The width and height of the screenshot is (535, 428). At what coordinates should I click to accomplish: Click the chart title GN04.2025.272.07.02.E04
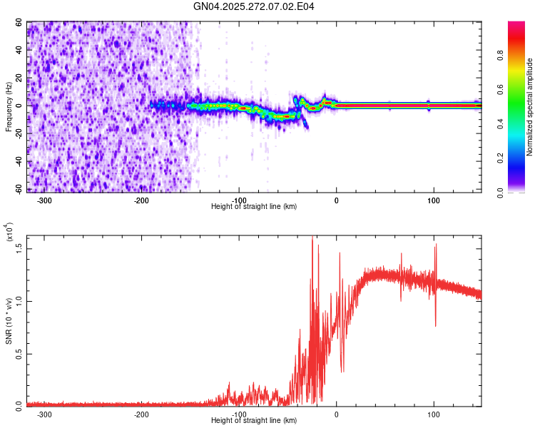pos(255,6)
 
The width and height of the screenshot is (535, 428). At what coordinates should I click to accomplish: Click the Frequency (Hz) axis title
pos(9,107)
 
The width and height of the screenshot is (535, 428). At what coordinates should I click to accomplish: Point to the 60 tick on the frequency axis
pos(20,23)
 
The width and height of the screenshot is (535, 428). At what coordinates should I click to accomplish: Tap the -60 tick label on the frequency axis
pos(20,188)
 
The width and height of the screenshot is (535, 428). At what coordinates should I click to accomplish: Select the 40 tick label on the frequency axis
pos(20,51)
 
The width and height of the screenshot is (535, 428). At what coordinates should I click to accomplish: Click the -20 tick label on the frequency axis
pos(20,133)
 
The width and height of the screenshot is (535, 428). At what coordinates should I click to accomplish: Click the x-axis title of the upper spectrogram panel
pos(254,206)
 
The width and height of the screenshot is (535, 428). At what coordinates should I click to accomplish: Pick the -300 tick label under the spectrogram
pos(44,200)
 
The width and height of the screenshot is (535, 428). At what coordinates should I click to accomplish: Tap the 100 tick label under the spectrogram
pos(433,200)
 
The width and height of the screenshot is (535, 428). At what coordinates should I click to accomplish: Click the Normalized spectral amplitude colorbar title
pos(530,107)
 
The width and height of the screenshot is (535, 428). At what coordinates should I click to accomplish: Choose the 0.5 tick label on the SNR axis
pos(20,353)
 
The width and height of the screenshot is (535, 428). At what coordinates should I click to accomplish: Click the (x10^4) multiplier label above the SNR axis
pos(9,232)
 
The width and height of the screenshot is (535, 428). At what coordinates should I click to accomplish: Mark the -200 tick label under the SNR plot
pos(141,414)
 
